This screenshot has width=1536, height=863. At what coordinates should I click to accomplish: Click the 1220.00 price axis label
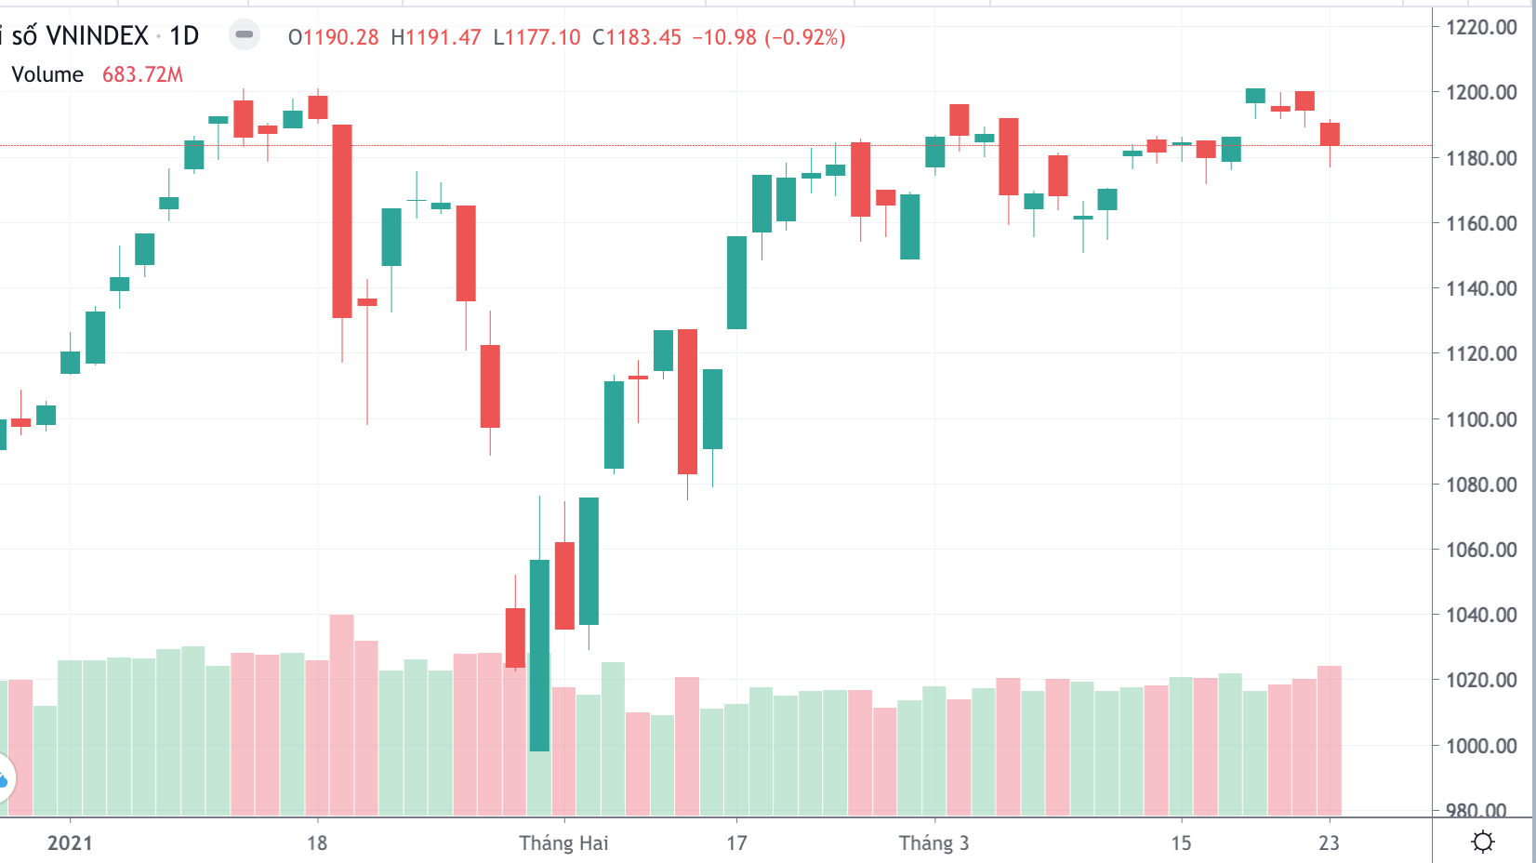tap(1481, 27)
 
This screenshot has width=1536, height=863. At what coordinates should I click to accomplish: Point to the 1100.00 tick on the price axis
tap(1481, 419)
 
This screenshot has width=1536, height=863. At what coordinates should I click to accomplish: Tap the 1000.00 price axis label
tap(1481, 746)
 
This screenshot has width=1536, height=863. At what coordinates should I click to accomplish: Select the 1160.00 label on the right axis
tap(1481, 223)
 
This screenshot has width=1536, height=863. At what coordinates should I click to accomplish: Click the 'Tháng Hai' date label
tap(563, 843)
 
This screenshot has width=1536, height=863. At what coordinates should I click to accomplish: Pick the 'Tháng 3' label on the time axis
tap(934, 843)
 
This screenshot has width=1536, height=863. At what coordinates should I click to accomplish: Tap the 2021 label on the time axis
tap(70, 843)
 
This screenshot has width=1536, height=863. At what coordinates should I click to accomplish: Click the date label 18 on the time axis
tap(317, 843)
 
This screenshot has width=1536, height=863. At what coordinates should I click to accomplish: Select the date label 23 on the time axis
tap(1329, 843)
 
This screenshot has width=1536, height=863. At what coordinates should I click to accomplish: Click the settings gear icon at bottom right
tap(1483, 843)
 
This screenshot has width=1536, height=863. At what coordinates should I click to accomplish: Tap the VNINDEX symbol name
tap(97, 36)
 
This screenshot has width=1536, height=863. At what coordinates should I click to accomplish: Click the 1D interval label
tap(184, 36)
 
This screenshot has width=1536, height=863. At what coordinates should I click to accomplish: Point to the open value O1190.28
tap(334, 38)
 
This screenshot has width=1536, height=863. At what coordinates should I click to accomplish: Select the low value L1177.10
tap(536, 38)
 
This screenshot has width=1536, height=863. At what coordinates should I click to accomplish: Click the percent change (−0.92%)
tap(804, 38)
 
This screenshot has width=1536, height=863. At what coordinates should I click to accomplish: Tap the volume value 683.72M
tap(142, 75)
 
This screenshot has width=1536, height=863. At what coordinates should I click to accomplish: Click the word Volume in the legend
tap(47, 75)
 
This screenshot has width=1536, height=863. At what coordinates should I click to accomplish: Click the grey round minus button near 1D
tap(245, 35)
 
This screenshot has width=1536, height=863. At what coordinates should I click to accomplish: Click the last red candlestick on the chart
tap(1330, 135)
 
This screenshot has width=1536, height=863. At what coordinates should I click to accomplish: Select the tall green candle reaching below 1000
tap(539, 656)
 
